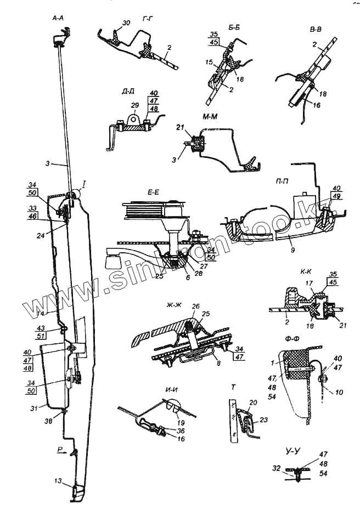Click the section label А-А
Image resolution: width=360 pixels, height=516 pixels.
58,19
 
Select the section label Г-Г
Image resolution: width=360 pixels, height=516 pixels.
147,20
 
